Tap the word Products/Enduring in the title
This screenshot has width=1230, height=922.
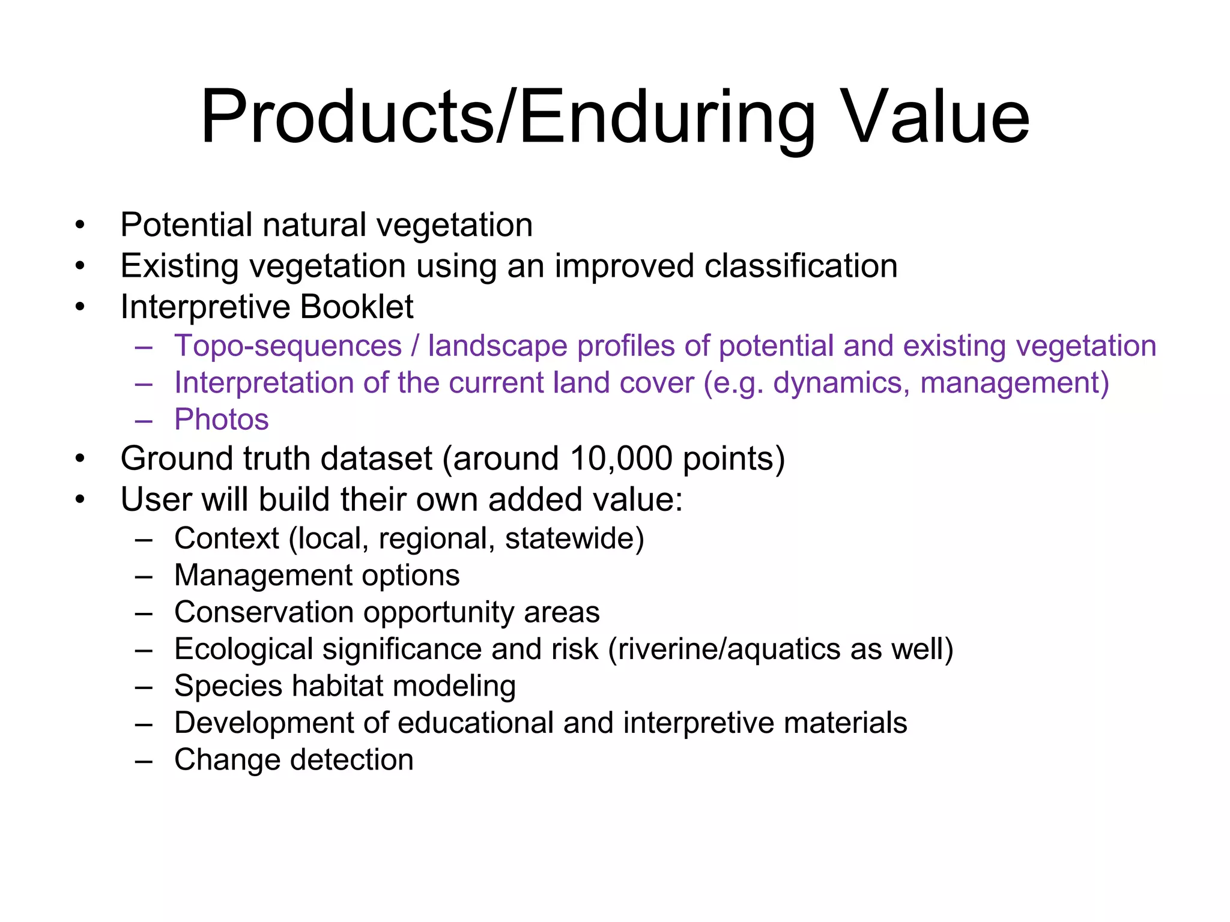[x=508, y=118]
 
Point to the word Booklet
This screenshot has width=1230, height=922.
[x=356, y=307]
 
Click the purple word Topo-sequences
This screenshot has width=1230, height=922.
[x=288, y=346]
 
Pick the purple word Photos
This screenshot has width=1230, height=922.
[x=221, y=420]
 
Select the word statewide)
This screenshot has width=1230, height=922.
[x=574, y=538]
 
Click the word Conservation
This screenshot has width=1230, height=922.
[x=264, y=612]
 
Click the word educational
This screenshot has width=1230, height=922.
[x=476, y=723]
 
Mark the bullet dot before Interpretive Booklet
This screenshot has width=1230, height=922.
[x=80, y=307]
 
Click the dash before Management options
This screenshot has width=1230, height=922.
[x=144, y=576]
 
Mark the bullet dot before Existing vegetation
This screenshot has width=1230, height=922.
[x=80, y=266]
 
